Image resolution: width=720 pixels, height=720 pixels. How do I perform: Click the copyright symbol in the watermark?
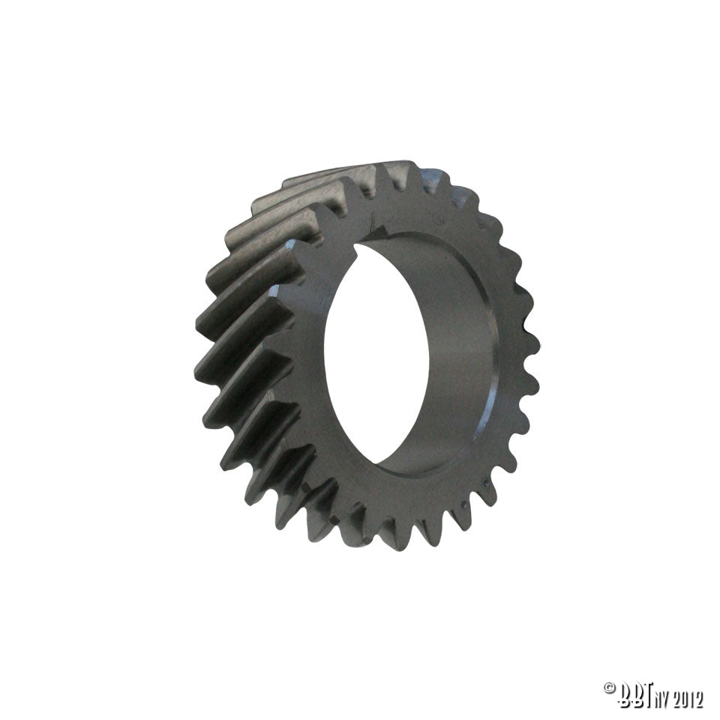[609, 688]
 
